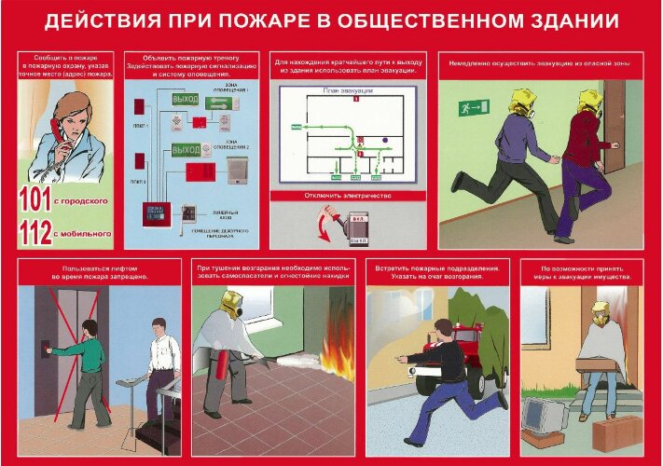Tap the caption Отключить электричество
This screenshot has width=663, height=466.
pyautogui.click(x=349, y=197)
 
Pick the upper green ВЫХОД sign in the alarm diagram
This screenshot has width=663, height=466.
pyautogui.click(x=186, y=99)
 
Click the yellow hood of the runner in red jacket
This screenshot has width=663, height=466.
pyautogui.click(x=587, y=101)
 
